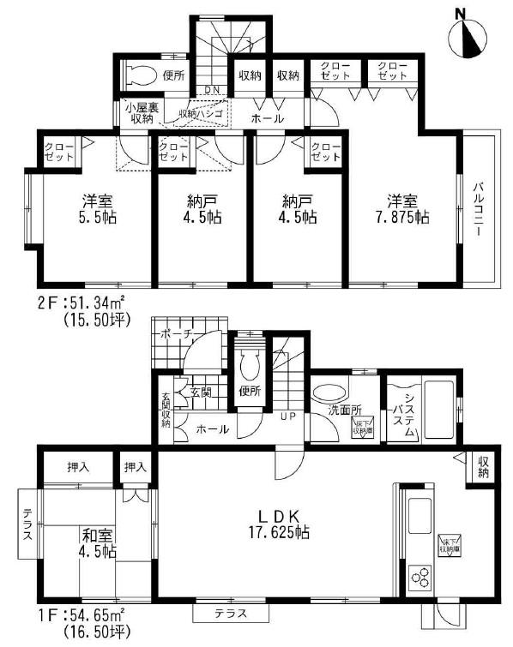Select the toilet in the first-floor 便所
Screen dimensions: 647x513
[250, 367]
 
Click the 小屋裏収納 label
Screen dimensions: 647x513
[137, 113]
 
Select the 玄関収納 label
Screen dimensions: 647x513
[165, 410]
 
